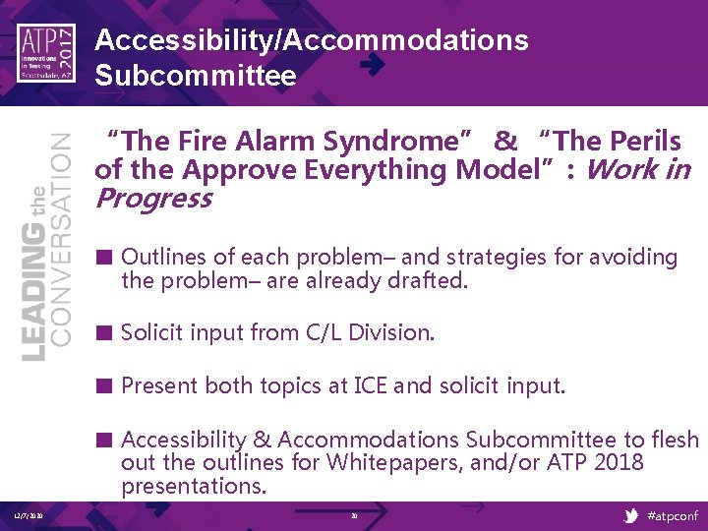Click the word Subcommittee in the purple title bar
pos(196,76)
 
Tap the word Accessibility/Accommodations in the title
pos(312,40)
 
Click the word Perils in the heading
pos(645,142)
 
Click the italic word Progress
pos(153,200)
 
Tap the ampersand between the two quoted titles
pos(505,142)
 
